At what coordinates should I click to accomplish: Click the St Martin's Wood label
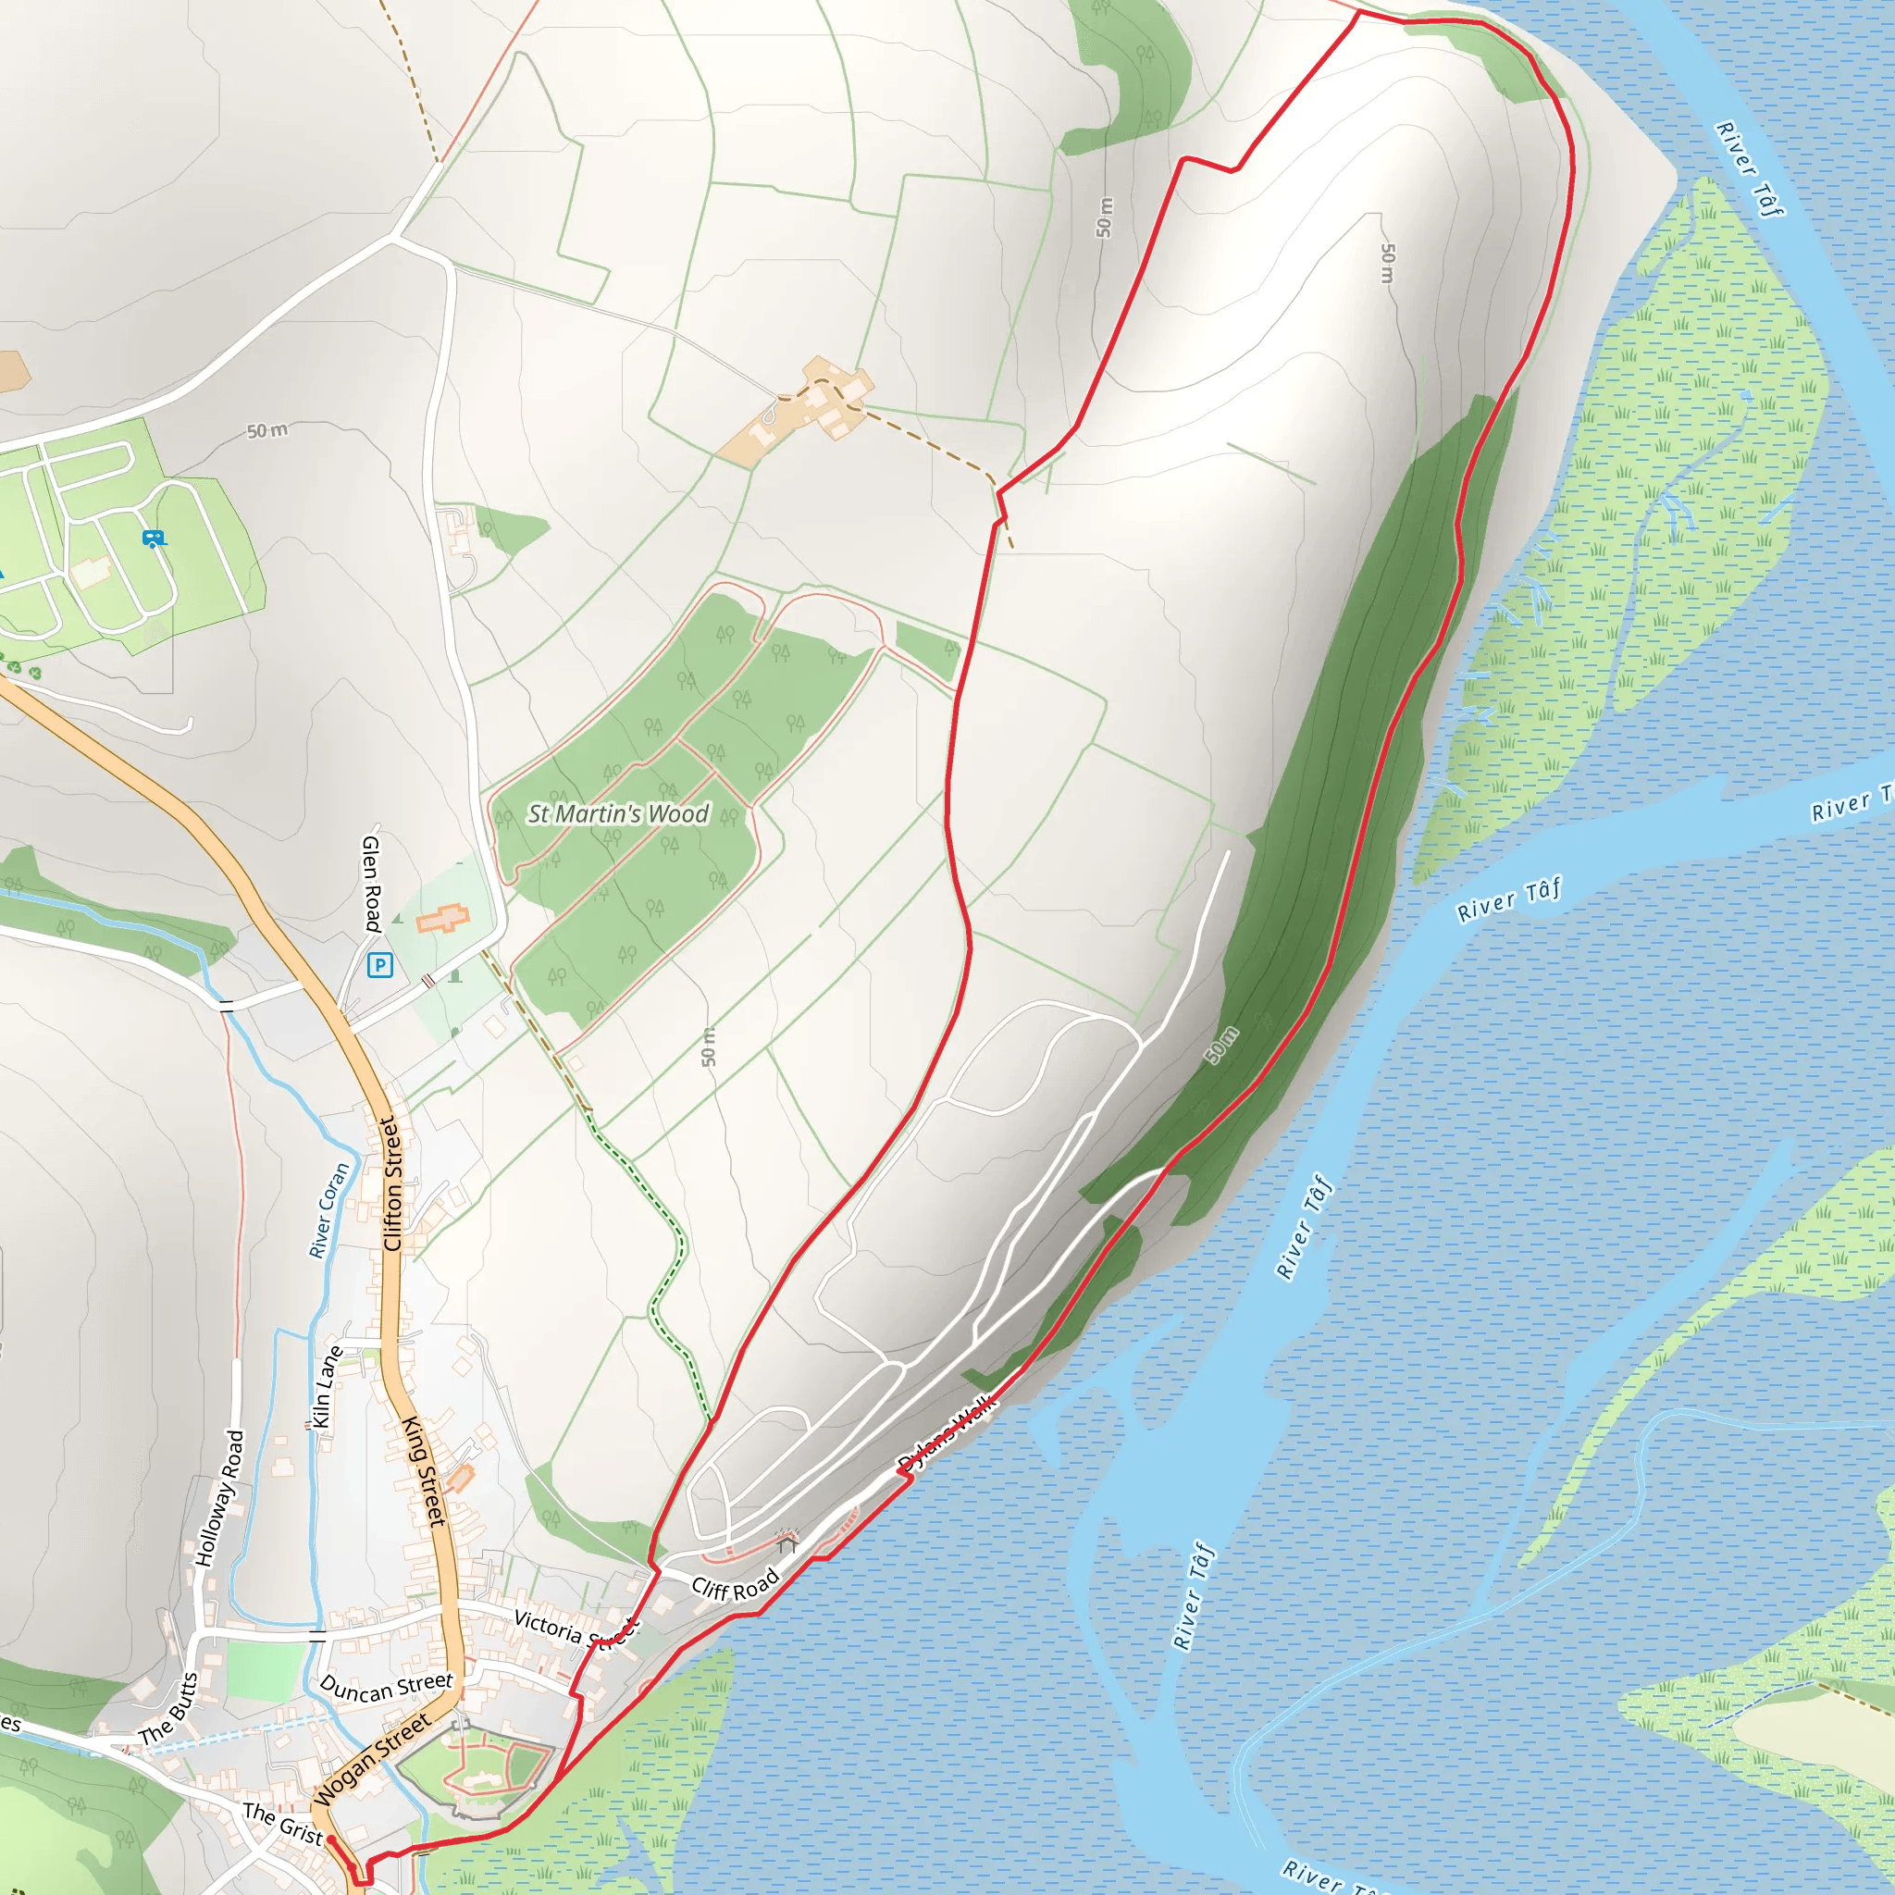tap(618, 814)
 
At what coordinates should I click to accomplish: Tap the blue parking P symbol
tap(379, 965)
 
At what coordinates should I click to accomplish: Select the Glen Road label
tap(372, 883)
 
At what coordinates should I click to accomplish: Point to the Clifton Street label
tap(392, 1183)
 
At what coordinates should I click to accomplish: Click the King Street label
tap(424, 1471)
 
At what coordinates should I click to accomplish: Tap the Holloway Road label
tap(218, 1498)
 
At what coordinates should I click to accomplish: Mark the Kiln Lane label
tap(327, 1387)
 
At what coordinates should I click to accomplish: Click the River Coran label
tap(328, 1210)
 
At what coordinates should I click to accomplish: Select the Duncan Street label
tap(387, 1687)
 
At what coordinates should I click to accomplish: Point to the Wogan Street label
tap(373, 1759)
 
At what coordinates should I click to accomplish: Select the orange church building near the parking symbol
tap(442, 920)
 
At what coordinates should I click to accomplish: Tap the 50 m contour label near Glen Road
tap(266, 430)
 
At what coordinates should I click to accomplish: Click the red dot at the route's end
tap(331, 1839)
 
